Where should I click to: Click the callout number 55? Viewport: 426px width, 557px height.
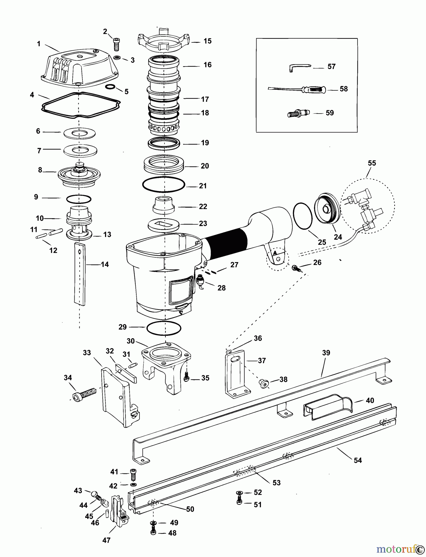[371, 163]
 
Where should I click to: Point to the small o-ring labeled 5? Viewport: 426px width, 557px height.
[110, 87]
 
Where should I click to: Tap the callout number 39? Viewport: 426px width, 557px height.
[326, 353]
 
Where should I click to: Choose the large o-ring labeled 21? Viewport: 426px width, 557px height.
[163, 185]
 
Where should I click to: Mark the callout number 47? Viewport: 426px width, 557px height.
[106, 540]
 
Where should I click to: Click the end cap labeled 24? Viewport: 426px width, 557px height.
[327, 208]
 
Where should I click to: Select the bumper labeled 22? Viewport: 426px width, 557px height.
[163, 205]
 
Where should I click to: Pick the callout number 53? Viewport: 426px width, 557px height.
[276, 482]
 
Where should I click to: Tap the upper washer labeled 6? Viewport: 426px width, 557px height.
[79, 133]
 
